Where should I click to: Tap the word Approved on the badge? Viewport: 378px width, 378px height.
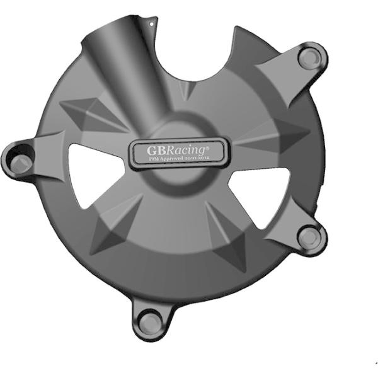[x=176, y=162]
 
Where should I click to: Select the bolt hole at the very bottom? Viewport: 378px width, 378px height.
[x=149, y=324]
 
